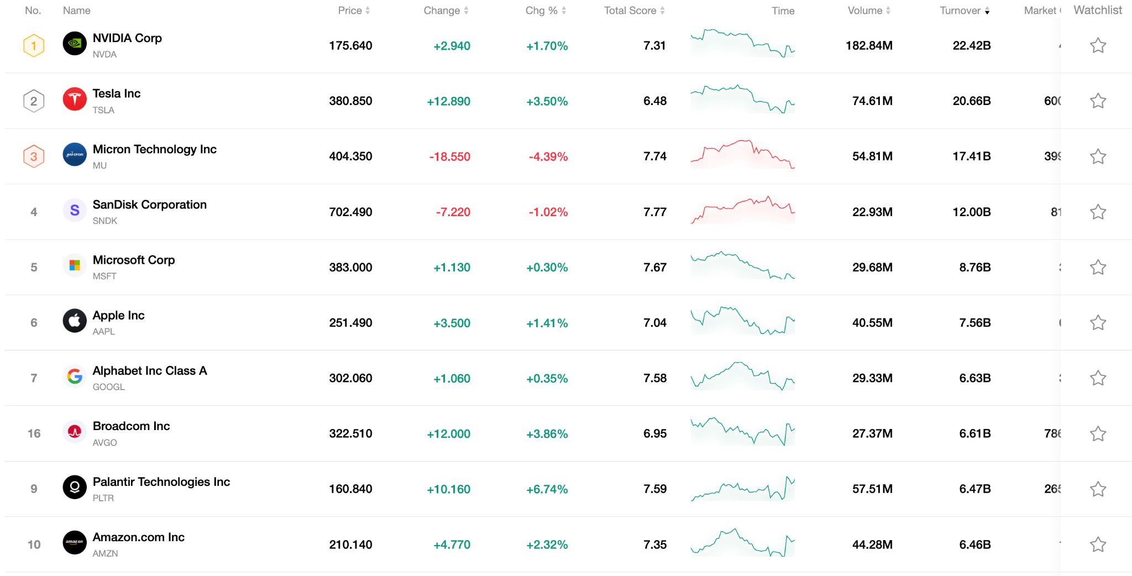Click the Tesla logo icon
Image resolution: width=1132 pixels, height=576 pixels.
tap(75, 100)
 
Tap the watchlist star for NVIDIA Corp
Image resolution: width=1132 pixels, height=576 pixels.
tap(1098, 45)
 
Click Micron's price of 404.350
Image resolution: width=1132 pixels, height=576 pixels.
tap(350, 156)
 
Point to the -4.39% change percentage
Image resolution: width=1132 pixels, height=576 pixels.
tap(548, 157)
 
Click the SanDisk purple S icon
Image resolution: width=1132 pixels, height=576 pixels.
tap(75, 211)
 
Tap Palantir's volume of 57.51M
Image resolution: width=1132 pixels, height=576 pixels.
tap(872, 489)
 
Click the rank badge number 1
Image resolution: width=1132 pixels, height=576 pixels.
tap(34, 45)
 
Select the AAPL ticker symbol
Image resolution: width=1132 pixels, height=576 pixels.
tap(104, 332)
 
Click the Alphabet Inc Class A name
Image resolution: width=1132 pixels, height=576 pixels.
tap(150, 371)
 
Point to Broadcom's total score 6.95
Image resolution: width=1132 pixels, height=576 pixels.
tap(654, 433)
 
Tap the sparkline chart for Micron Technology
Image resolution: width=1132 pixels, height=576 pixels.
tap(742, 155)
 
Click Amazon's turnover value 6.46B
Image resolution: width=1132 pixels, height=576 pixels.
tap(974, 544)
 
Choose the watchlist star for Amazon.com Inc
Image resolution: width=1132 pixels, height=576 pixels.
tap(1098, 544)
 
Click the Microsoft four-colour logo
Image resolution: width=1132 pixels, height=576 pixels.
tap(75, 266)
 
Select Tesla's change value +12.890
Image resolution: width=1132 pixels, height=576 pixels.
tap(448, 101)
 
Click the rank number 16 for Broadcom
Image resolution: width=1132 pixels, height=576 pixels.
tap(34, 433)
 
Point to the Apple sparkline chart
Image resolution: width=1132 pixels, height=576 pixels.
tap(742, 321)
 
